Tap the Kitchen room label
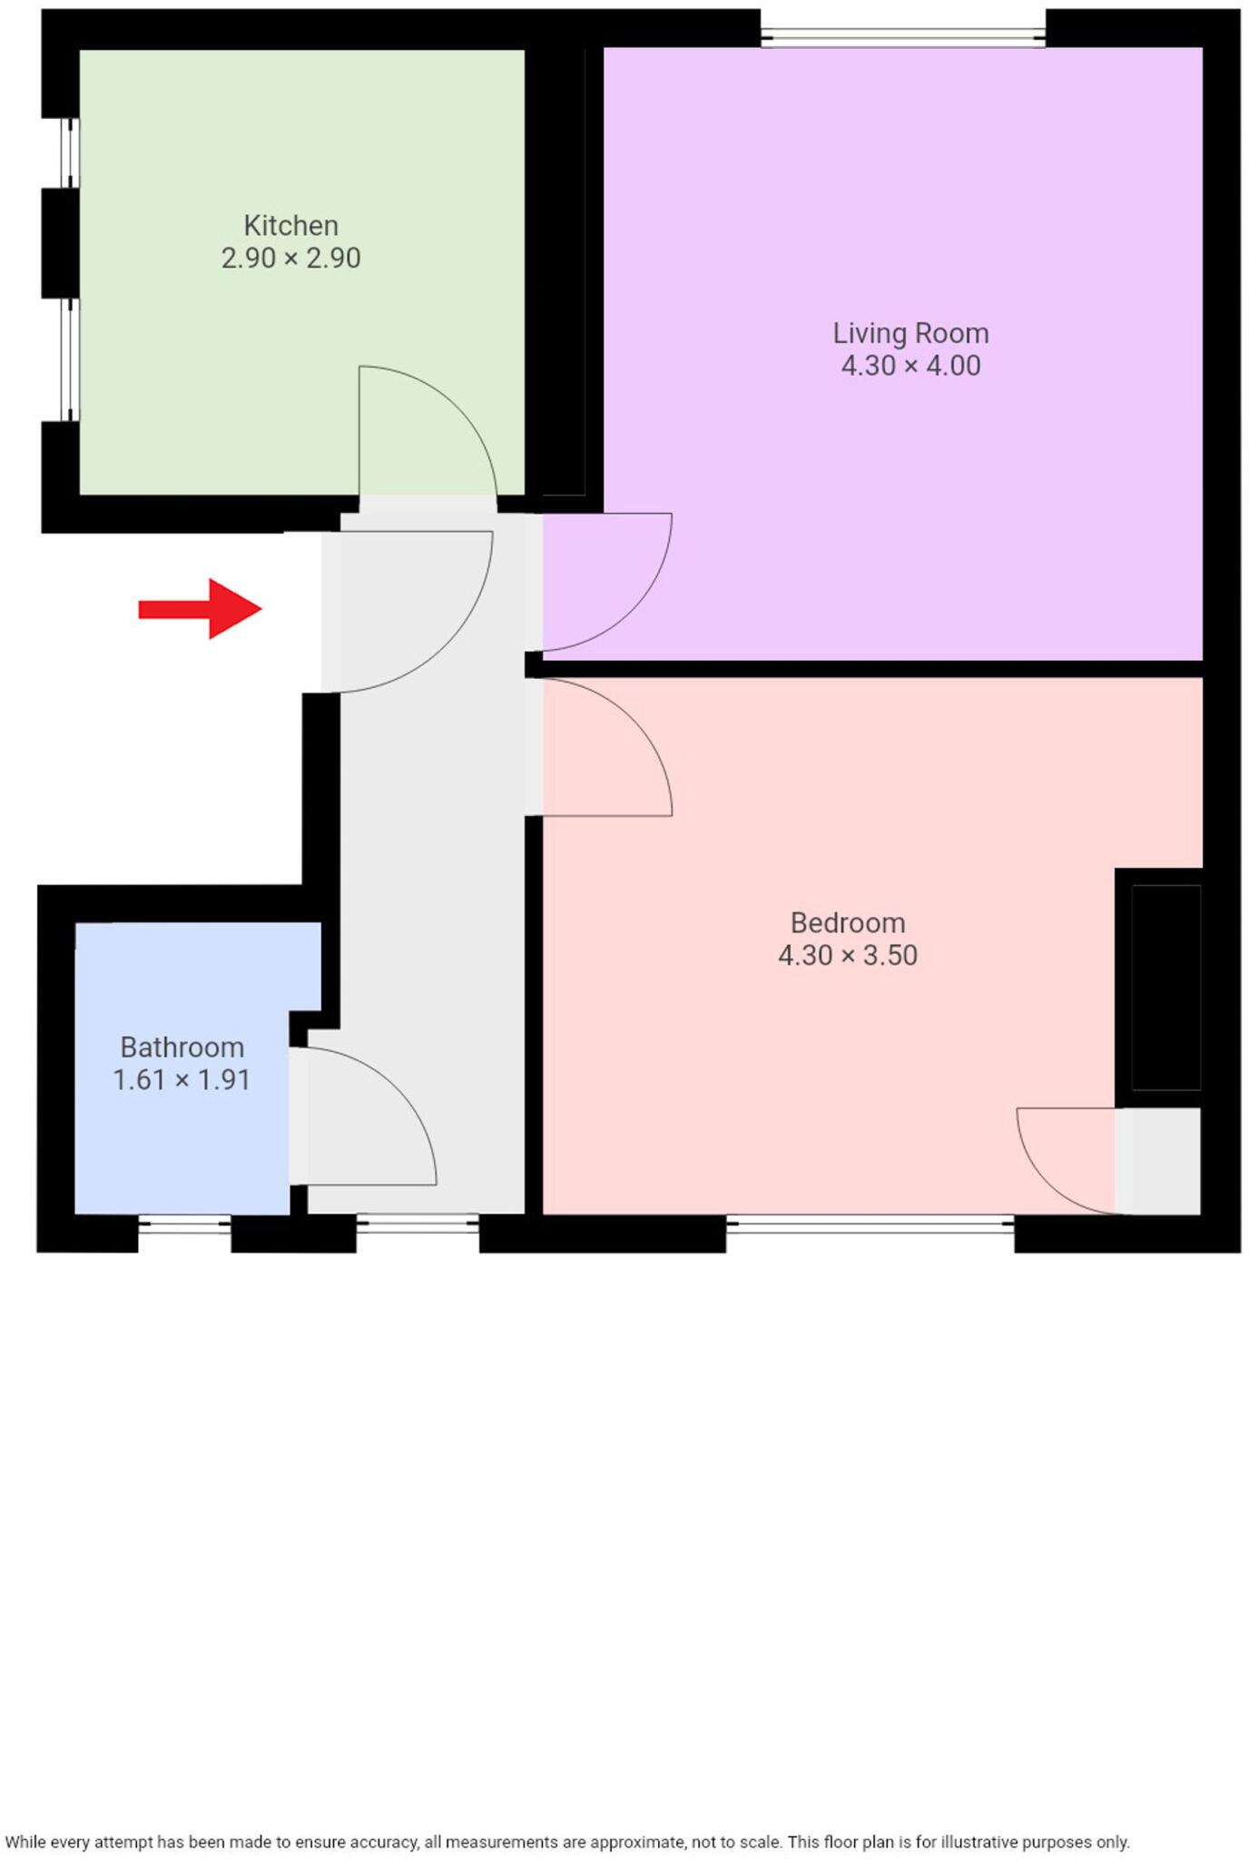(290, 225)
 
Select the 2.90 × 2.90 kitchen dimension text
(290, 259)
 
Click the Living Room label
(910, 333)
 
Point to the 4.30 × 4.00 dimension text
(910, 366)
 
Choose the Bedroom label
(848, 923)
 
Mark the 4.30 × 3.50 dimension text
(848, 956)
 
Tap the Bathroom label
(182, 1048)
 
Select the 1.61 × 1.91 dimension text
(182, 1080)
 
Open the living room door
(626, 608)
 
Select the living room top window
(902, 37)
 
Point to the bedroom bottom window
(870, 1225)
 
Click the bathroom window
(184, 1225)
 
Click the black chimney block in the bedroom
(1166, 987)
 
